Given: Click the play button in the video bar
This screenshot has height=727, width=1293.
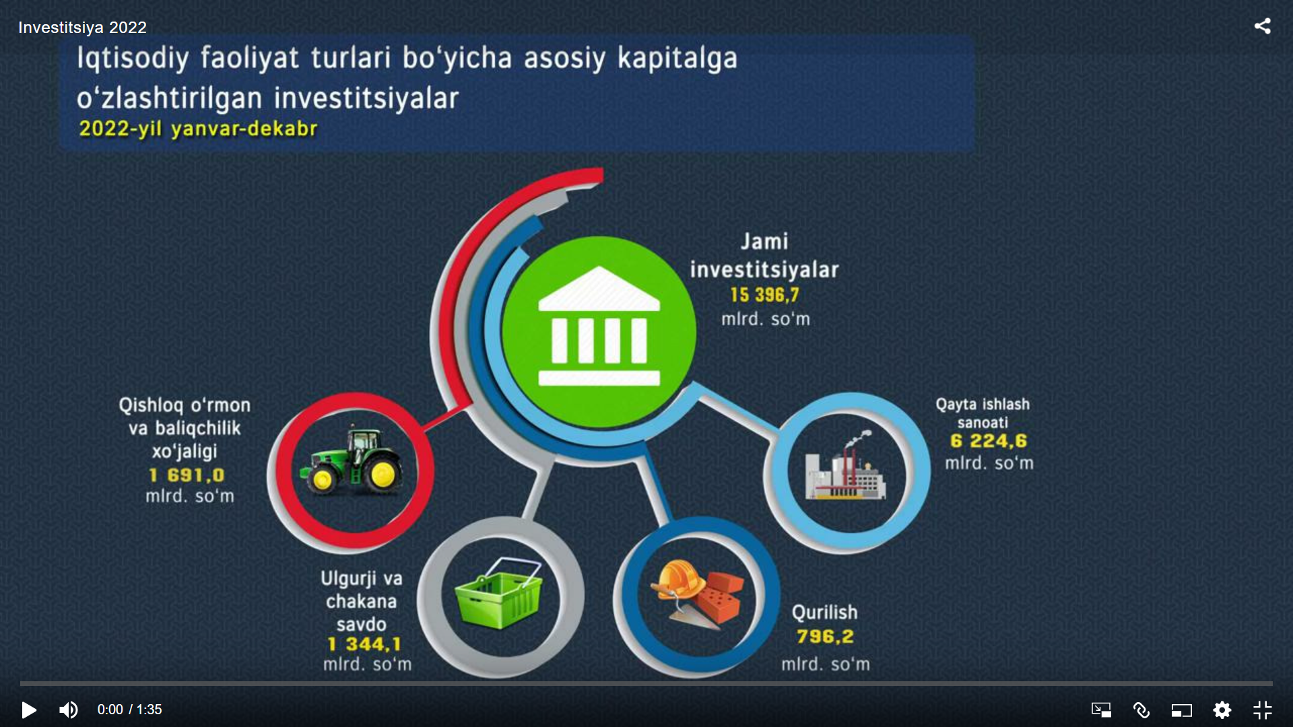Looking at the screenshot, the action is click(x=28, y=709).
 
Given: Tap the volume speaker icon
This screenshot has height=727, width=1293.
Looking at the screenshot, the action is click(x=69, y=709).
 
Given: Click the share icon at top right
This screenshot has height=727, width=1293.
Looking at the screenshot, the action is click(x=1263, y=26).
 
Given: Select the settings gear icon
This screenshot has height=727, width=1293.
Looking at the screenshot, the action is click(x=1222, y=709).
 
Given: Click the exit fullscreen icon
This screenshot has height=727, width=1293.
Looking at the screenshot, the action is click(x=1263, y=709).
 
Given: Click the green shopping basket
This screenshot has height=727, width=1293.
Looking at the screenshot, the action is click(x=499, y=593).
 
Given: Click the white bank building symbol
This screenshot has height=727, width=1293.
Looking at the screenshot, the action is click(x=599, y=326).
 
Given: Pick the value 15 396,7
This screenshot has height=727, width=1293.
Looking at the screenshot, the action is click(x=764, y=295).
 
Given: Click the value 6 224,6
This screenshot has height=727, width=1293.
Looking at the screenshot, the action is click(x=988, y=441).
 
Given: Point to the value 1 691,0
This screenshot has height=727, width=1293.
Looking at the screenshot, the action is click(x=187, y=475).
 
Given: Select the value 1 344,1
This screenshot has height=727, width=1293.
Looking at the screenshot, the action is click(x=364, y=644).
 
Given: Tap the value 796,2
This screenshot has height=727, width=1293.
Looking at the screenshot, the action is click(x=825, y=636).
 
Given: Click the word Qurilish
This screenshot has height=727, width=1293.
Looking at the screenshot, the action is click(x=824, y=612).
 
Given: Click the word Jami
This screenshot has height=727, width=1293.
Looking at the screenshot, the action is click(x=764, y=241).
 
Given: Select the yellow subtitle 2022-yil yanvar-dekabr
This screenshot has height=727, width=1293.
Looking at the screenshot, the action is click(x=198, y=129).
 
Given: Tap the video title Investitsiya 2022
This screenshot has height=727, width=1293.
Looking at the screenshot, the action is click(x=82, y=28).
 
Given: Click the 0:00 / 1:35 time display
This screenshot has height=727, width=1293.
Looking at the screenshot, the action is click(x=129, y=709).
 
